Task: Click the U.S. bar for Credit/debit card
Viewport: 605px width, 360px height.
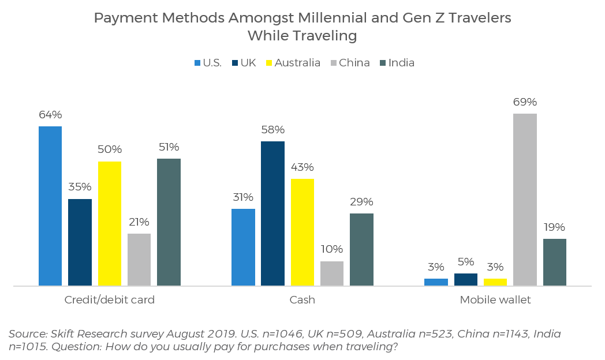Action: pos(50,206)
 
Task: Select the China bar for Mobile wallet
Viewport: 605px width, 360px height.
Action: pos(525,200)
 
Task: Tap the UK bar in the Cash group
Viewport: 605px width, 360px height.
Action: pos(272,213)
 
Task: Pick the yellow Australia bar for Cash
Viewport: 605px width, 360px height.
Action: pos(302,232)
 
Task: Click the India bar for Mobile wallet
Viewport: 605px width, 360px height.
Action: pos(554,262)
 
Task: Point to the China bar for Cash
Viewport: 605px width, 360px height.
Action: pos(332,273)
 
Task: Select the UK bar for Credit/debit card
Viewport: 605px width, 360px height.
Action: pos(80,242)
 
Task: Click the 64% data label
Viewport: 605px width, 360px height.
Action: pos(50,115)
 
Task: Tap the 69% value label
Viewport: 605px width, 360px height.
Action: pos(525,102)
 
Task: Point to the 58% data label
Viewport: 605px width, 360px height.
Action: pos(272,130)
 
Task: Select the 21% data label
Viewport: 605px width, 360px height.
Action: pos(139,222)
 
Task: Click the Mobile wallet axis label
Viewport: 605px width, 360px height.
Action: pos(495,300)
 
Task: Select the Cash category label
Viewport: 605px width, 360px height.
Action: pos(302,300)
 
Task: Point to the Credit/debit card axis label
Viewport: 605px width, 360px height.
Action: pos(110,300)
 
